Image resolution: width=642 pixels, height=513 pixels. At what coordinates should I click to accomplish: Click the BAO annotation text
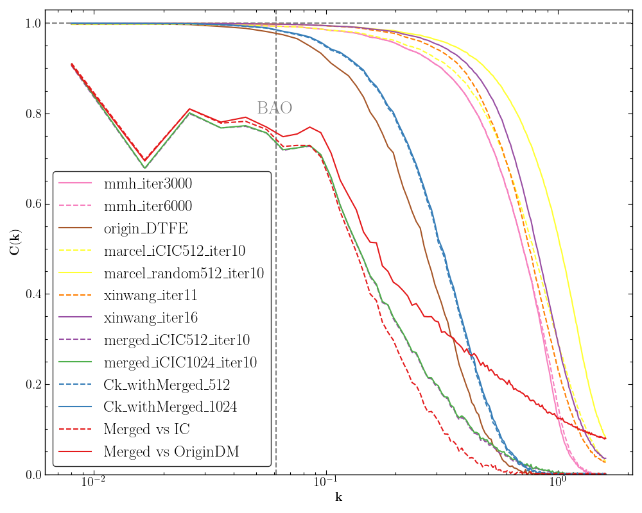(x=274, y=108)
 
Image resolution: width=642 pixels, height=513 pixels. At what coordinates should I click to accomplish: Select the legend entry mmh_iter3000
(x=148, y=185)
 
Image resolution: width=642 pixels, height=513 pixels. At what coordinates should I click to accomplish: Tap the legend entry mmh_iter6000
(x=148, y=207)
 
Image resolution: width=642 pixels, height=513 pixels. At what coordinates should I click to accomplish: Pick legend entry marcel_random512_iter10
(x=184, y=274)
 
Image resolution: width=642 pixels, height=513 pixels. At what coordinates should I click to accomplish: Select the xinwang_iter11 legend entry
(x=150, y=296)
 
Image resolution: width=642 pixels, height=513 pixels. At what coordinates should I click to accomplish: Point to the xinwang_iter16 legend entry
(x=150, y=318)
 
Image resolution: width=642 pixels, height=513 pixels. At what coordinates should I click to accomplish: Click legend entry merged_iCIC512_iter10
(x=177, y=341)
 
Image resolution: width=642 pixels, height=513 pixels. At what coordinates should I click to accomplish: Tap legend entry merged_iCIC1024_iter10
(x=180, y=362)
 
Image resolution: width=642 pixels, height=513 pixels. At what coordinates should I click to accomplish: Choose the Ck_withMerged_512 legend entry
(x=166, y=385)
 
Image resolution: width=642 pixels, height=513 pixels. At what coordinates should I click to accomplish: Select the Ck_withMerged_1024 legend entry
(x=169, y=407)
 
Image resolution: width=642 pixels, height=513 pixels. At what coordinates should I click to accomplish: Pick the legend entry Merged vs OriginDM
(x=171, y=451)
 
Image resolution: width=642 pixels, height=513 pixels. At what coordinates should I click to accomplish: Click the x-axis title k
(x=338, y=498)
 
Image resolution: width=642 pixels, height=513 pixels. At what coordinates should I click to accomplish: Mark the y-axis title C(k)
(x=14, y=249)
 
